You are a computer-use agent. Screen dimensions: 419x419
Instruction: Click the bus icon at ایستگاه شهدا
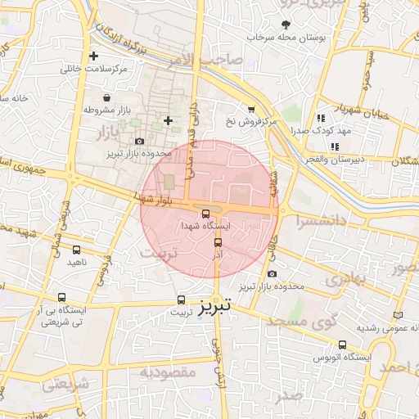pyautogui.click(x=205, y=214)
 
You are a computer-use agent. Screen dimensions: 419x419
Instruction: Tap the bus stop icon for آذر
pyautogui.click(x=218, y=243)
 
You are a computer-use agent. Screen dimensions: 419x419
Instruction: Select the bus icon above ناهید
pyautogui.click(x=77, y=250)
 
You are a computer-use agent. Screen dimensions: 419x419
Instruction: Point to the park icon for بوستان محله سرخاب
pyautogui.click(x=286, y=25)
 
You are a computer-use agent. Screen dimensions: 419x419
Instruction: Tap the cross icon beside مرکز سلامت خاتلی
pyautogui.click(x=94, y=56)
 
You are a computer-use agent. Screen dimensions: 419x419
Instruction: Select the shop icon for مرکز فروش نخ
pyautogui.click(x=251, y=109)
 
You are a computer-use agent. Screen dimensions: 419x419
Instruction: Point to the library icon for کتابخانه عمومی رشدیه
pyautogui.click(x=399, y=315)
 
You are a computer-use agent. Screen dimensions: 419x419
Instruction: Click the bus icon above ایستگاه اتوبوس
pyautogui.click(x=341, y=345)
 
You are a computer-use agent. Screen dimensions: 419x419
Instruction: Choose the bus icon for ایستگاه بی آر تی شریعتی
pyautogui.click(x=61, y=299)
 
